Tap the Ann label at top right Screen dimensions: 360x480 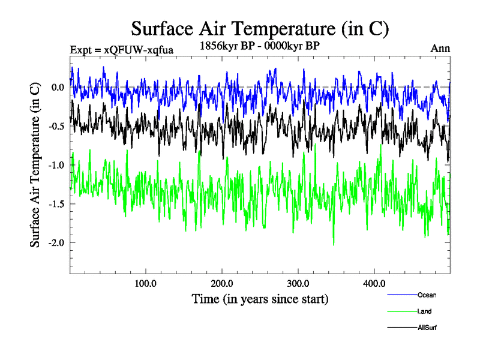(440, 49)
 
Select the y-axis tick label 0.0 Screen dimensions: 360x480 (58, 87)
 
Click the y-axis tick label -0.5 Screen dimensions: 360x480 (56, 126)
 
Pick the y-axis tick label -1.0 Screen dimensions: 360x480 (56, 165)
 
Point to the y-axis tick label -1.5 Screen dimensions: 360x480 (56, 204)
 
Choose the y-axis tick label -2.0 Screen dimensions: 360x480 (56, 243)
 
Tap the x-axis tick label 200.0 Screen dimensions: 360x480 (222, 283)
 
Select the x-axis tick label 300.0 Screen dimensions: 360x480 (298, 283)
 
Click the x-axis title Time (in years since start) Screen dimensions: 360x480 (260, 298)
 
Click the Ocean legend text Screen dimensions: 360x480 (427, 295)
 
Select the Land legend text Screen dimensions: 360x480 (424, 311)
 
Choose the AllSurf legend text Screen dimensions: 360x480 (427, 328)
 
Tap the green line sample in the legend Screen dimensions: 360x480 (402, 311)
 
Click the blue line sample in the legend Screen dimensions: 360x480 (402, 295)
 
